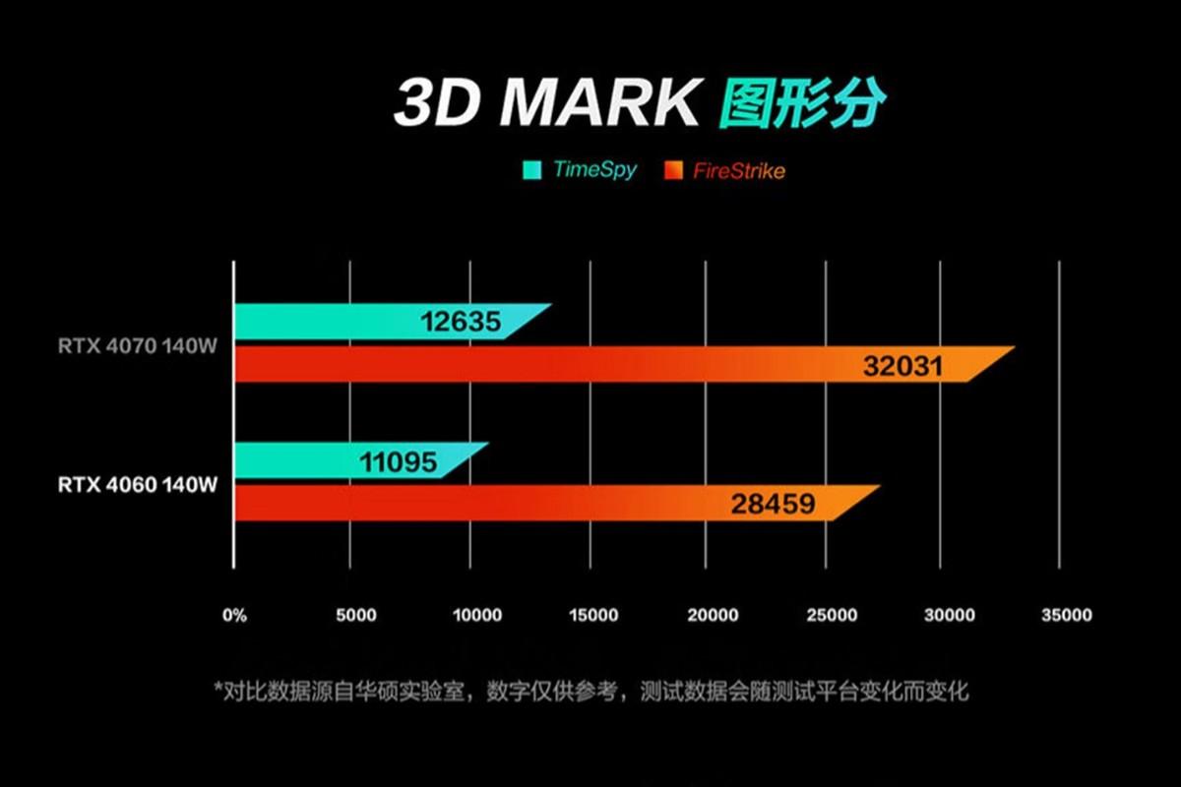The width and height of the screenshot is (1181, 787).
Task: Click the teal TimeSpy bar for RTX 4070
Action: (x=374, y=322)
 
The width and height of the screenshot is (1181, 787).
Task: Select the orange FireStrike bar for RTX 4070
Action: (x=590, y=365)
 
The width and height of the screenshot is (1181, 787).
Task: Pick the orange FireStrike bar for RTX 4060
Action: (x=531, y=504)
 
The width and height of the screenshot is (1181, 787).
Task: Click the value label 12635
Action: (x=461, y=322)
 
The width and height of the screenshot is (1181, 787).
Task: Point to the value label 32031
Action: (x=902, y=366)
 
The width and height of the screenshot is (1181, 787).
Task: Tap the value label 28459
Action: (x=773, y=505)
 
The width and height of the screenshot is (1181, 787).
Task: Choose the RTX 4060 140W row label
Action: (x=137, y=484)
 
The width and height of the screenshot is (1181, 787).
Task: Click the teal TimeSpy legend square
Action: (x=531, y=170)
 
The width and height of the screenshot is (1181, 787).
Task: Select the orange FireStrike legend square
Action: (x=674, y=170)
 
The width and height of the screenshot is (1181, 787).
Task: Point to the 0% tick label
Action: (x=235, y=616)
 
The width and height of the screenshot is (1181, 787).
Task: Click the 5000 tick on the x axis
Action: (x=356, y=616)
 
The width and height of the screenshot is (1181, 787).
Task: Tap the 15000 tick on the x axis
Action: (x=592, y=616)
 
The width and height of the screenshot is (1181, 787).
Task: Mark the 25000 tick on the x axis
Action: (x=832, y=616)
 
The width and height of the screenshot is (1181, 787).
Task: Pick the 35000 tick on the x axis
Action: (x=1067, y=616)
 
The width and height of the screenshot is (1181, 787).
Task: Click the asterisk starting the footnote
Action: (x=218, y=688)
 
